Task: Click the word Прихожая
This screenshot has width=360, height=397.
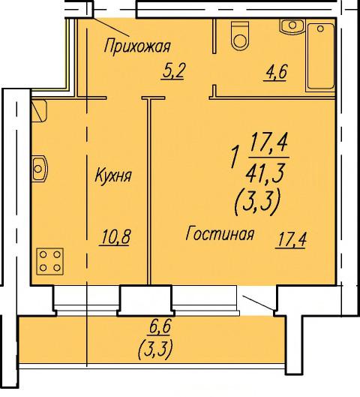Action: [x=137, y=46]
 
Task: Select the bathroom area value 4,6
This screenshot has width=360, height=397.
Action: [x=275, y=72]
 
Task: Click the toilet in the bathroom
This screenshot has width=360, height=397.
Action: [x=240, y=35]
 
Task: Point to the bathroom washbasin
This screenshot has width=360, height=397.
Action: [x=292, y=26]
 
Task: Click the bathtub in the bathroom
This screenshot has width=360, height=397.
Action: [x=320, y=56]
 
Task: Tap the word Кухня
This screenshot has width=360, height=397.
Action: [x=113, y=175]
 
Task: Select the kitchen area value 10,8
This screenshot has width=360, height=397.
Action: [x=115, y=237]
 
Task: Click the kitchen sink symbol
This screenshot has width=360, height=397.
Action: [x=40, y=168]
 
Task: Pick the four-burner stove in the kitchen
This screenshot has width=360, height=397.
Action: [x=49, y=261]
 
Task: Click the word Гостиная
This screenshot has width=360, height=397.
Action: [x=220, y=233]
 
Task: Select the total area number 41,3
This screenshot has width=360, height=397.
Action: [x=265, y=173]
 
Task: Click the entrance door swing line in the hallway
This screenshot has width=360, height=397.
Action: [x=111, y=26]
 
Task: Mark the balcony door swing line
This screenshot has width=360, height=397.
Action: [x=257, y=302]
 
